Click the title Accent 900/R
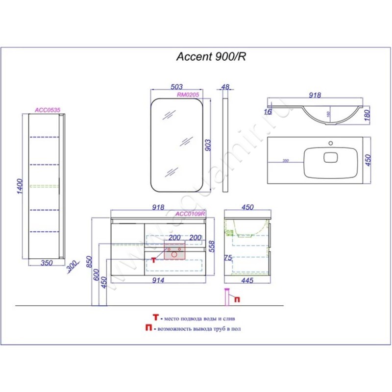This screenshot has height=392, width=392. tap(211, 56)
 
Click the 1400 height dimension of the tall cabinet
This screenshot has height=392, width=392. tap(18, 188)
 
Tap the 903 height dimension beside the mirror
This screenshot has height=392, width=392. tap(207, 145)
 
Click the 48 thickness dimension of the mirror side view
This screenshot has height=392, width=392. tap(225, 87)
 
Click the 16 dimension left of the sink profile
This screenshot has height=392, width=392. tap(268, 112)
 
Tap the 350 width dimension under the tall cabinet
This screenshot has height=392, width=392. tap(47, 264)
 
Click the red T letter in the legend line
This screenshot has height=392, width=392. tap(155, 318)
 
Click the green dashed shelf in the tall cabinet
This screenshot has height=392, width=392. tap(44, 186)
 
